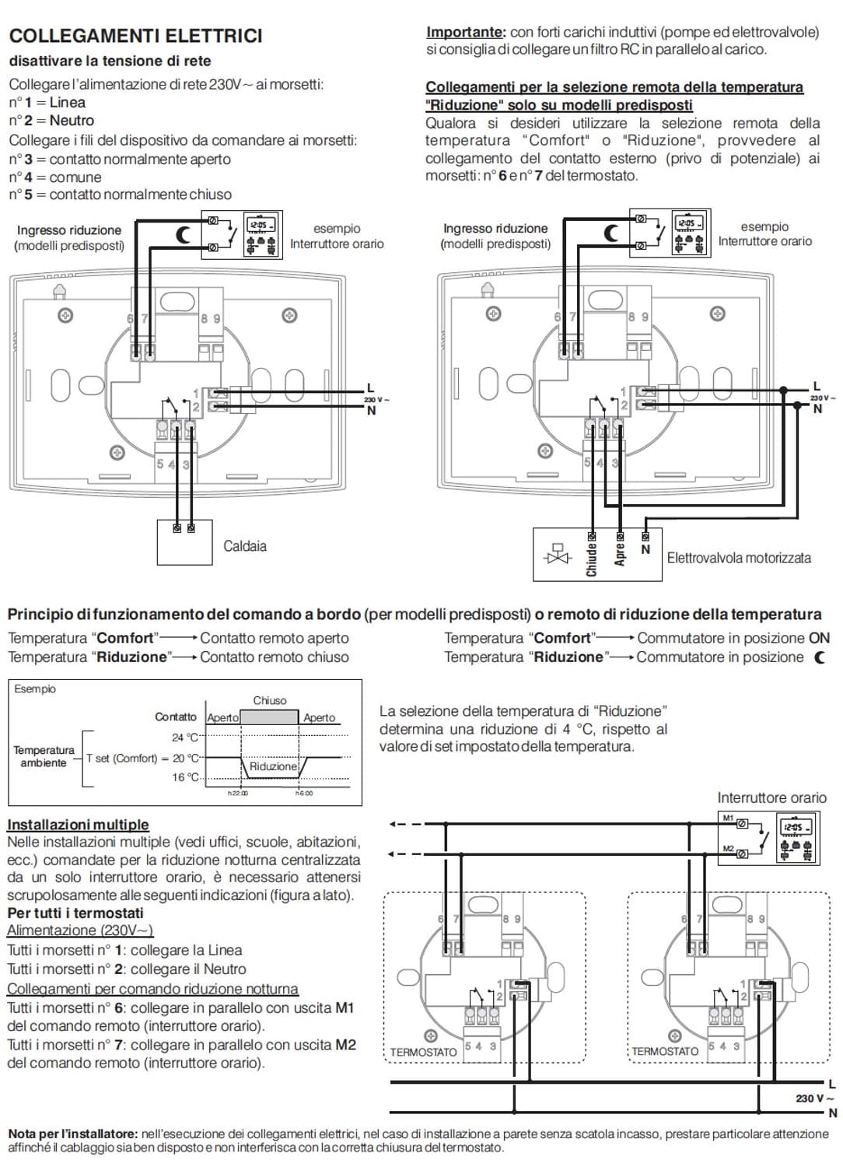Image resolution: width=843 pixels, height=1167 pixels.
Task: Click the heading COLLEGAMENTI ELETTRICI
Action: (x=136, y=36)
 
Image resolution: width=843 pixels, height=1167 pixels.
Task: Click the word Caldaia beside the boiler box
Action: (x=245, y=546)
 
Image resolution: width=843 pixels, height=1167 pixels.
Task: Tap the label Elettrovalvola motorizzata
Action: (x=739, y=558)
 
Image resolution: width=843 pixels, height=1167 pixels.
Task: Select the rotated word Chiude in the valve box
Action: (x=592, y=560)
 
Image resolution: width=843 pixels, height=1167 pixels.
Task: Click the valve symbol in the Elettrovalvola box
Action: (x=558, y=554)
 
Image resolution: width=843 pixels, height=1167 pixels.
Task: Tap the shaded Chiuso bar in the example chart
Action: (x=269, y=717)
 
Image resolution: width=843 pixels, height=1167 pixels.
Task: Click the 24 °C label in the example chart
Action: (x=185, y=738)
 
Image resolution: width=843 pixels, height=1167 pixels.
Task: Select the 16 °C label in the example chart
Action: (x=185, y=776)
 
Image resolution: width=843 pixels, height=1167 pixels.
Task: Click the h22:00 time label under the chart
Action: (x=238, y=794)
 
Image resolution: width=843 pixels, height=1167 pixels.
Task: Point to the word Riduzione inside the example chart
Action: (x=274, y=766)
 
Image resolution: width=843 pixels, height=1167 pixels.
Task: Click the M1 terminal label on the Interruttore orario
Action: (x=728, y=818)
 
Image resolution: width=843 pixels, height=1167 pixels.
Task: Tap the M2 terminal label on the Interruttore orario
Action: (x=728, y=849)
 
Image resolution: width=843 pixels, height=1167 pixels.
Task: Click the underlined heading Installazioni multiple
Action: (x=78, y=825)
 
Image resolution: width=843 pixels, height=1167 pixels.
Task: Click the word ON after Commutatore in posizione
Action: (x=819, y=638)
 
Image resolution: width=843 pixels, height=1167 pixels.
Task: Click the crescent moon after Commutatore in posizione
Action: (x=820, y=657)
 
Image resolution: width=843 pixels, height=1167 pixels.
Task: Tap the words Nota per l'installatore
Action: (x=73, y=1134)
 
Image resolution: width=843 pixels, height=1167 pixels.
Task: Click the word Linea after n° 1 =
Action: (x=67, y=103)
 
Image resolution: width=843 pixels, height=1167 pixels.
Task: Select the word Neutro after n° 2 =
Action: (x=72, y=121)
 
